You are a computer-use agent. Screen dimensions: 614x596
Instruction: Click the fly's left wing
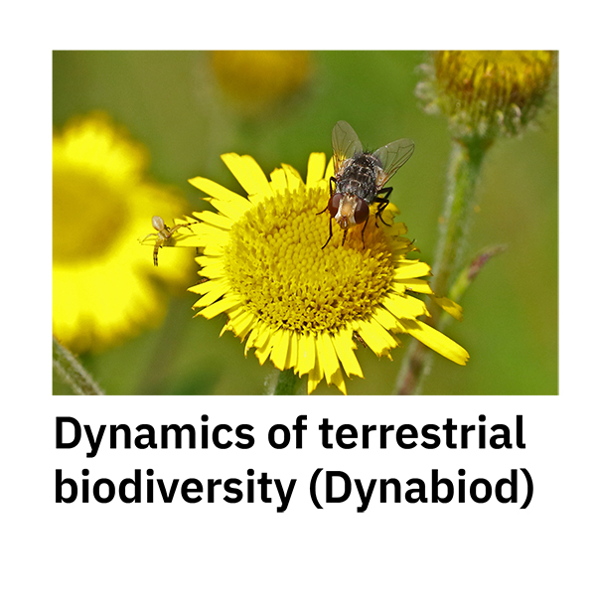click(x=345, y=144)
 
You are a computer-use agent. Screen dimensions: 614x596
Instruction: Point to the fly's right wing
click(x=394, y=157)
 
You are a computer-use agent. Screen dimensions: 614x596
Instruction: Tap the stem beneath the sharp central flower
click(x=285, y=382)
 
